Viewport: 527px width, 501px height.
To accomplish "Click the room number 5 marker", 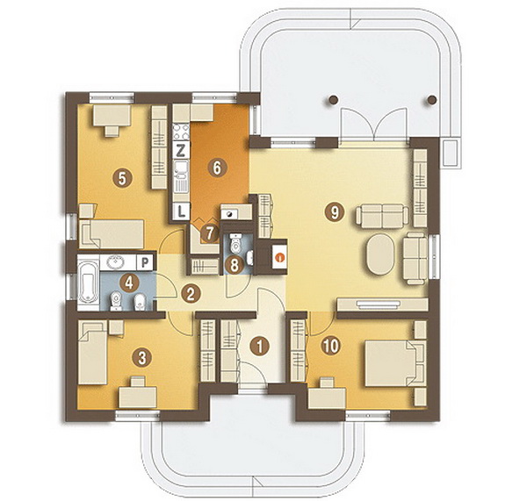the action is click(x=122, y=178).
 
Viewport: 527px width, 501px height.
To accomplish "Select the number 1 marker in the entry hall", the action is click(x=259, y=346).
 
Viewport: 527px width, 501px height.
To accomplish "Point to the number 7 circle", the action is click(x=209, y=233).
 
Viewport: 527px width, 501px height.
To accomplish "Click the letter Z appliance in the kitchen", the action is click(x=181, y=150).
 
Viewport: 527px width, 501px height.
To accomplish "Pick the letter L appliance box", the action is click(x=181, y=211).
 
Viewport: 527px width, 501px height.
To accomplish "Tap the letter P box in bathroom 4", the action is click(x=145, y=262).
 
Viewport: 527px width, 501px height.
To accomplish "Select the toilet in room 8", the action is click(x=236, y=243).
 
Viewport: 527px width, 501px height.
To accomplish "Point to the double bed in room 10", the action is click(x=394, y=363).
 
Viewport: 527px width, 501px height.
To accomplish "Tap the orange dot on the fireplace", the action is click(x=279, y=258).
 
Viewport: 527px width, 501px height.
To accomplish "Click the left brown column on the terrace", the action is click(x=333, y=99).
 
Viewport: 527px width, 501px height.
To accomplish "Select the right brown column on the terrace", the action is click(x=432, y=99).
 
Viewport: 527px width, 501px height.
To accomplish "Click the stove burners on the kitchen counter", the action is click(x=181, y=132).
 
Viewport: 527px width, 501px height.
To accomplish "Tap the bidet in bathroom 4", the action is click(x=140, y=302).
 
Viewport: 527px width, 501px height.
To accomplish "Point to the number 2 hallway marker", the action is click(x=191, y=294).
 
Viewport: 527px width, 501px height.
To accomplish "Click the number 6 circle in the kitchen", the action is click(x=217, y=168).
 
